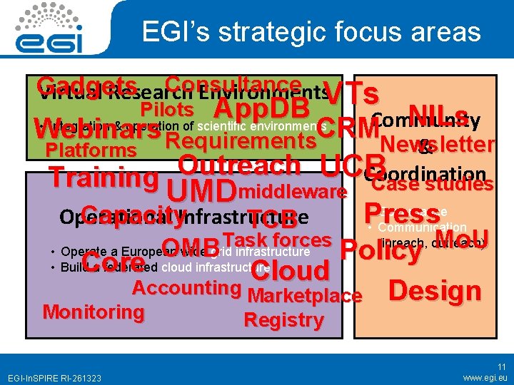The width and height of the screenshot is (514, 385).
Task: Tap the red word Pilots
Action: (167, 110)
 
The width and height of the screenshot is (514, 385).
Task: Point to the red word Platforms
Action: (90, 150)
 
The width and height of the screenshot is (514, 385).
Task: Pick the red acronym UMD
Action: (201, 191)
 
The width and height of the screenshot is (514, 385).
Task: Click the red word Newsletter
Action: (437, 145)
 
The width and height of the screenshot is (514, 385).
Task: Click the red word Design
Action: (435, 290)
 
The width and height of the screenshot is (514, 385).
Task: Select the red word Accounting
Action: (186, 288)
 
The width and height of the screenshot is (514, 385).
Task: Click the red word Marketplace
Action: (305, 297)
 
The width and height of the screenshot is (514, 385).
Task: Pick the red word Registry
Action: (283, 320)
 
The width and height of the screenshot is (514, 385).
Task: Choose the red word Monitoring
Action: (94, 312)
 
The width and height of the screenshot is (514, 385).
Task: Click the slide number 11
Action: (502, 366)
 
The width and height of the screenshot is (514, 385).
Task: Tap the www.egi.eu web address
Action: (485, 376)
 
